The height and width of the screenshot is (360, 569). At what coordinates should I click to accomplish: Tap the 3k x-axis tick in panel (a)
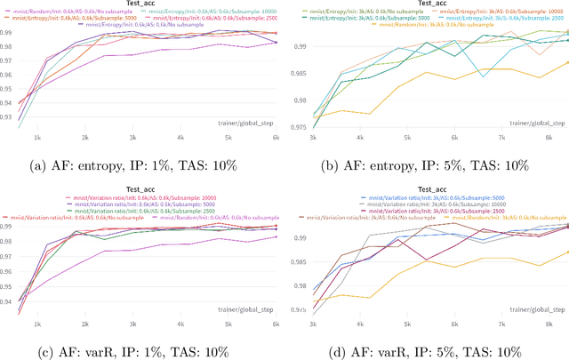pyautogui.click(x=132, y=138)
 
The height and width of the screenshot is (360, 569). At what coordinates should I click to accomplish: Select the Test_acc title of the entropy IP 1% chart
pyautogui.click(x=141, y=3)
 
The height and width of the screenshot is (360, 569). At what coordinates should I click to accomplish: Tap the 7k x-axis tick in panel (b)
pyautogui.click(x=503, y=139)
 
